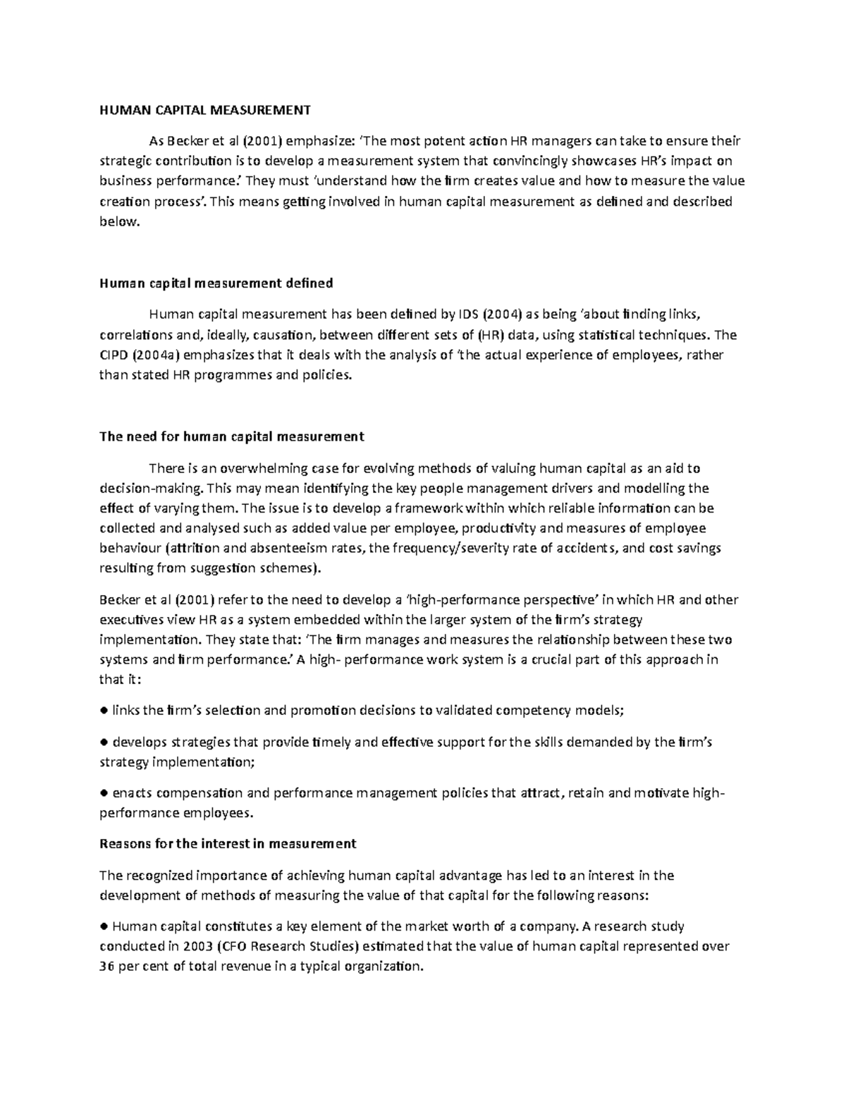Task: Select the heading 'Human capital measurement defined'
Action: tap(216, 283)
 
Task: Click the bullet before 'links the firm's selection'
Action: tap(104, 711)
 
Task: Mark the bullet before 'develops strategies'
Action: tap(104, 742)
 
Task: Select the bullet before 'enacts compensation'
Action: tap(104, 793)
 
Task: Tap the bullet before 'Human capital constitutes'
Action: tap(104, 926)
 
